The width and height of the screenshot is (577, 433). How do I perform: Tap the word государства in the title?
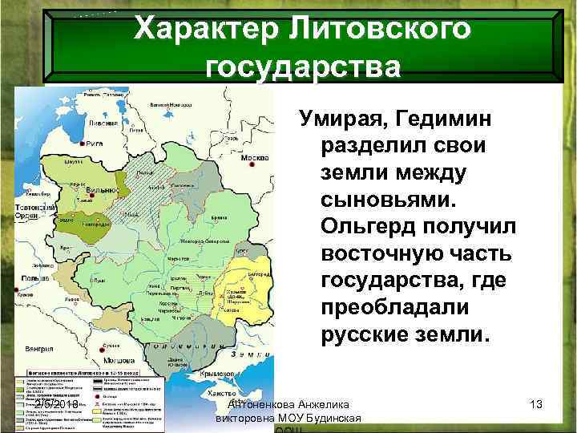pyautogui.click(x=303, y=67)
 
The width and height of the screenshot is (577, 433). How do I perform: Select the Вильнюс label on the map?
pyautogui.click(x=103, y=189)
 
